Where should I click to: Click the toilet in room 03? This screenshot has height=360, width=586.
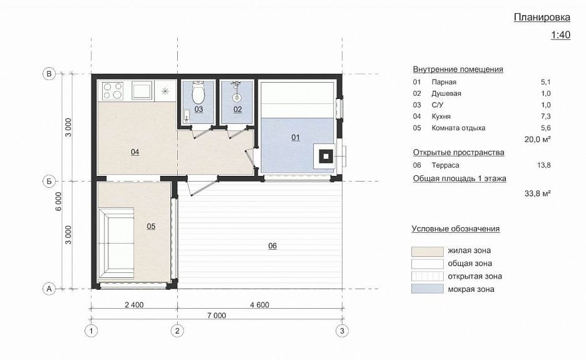point(198,93)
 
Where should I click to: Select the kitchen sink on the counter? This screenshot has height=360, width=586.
point(141,90)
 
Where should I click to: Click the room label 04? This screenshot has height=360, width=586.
point(135,152)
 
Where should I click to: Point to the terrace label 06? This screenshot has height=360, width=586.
point(272,245)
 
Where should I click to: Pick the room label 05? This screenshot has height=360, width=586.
point(151,226)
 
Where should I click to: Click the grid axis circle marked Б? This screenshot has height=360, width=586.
point(49,182)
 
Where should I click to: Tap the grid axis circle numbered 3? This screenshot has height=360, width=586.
point(342,331)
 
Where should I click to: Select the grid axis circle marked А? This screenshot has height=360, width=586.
point(49,289)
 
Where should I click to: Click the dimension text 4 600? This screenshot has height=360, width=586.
point(260,305)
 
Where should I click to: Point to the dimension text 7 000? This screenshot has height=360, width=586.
point(217,316)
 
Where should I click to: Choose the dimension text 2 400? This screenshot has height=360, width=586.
point(134,305)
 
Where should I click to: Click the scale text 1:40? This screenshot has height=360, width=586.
point(560,35)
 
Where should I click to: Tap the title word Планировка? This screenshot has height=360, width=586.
point(542,17)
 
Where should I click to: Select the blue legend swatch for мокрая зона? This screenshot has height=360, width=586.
point(428,289)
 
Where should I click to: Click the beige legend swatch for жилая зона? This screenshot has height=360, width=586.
point(428,251)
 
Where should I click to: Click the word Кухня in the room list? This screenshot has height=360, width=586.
point(441,116)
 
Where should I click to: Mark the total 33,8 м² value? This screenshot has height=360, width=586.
point(538,193)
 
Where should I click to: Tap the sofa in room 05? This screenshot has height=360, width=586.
point(116,244)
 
